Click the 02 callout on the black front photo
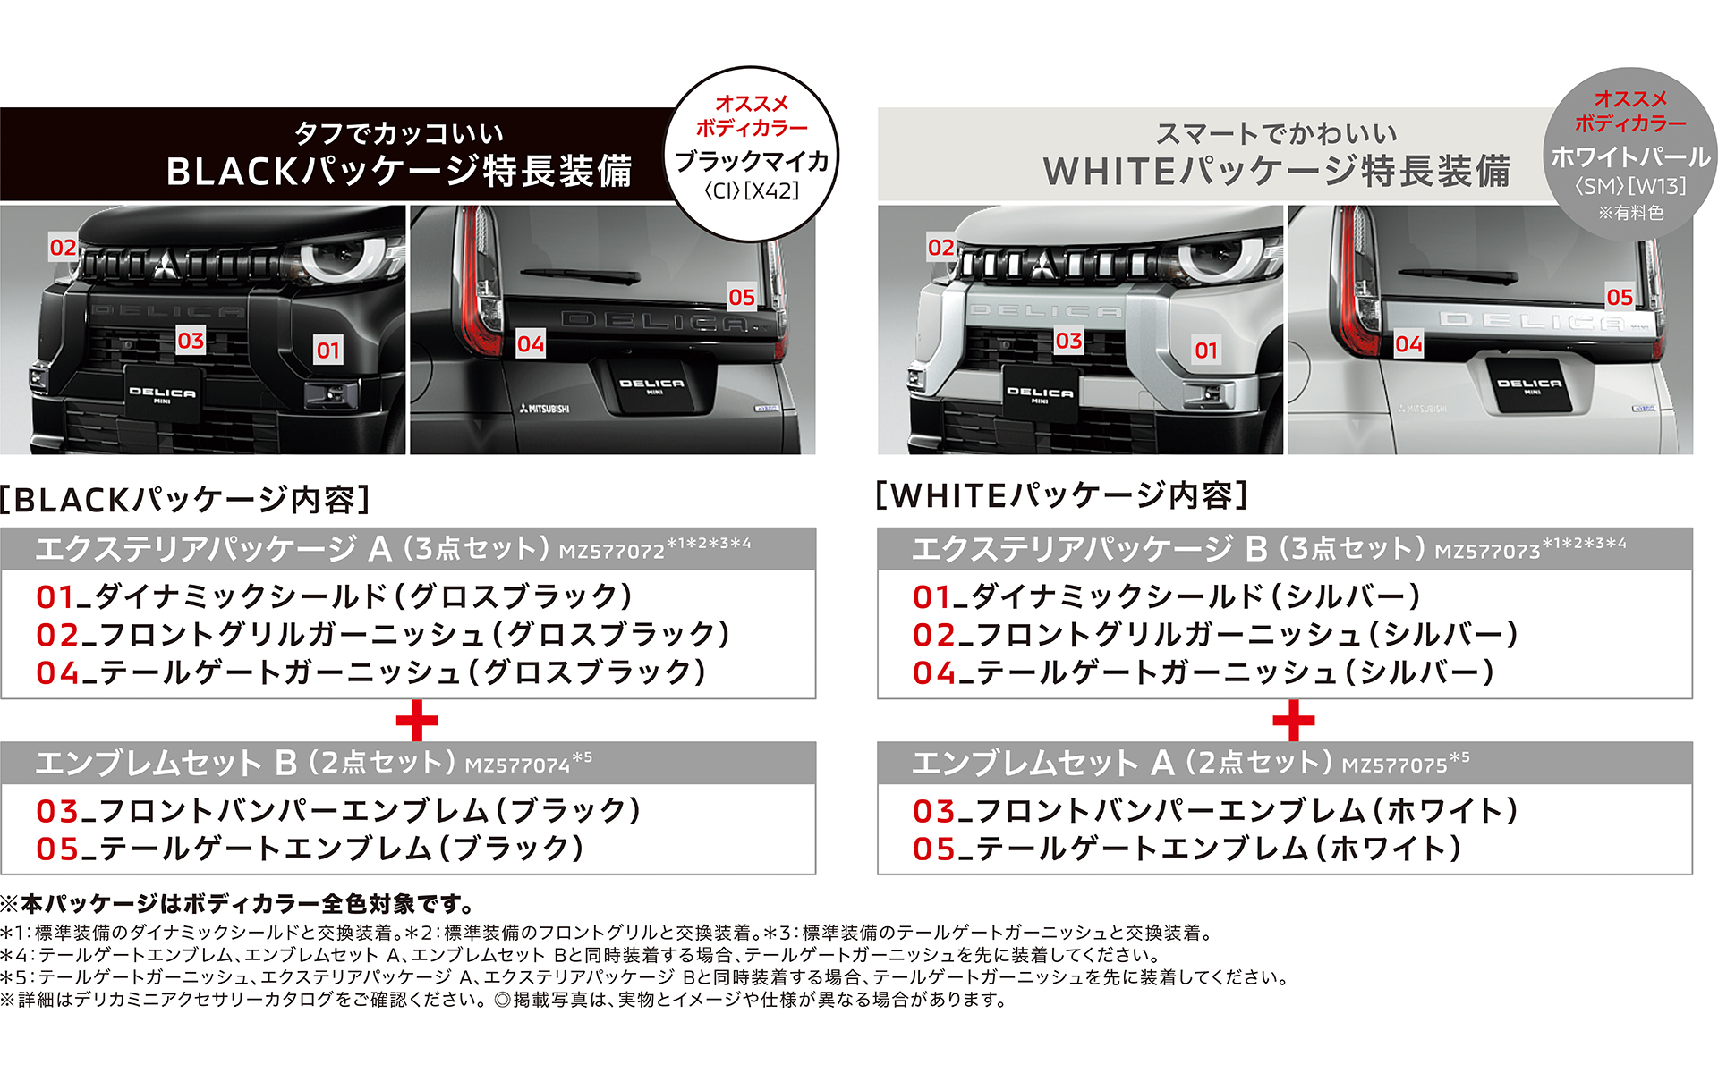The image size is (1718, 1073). coord(63,248)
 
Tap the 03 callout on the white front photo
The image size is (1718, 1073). coord(1068,341)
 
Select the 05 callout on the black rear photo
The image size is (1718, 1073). coord(742,297)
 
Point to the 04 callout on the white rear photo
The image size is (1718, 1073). coord(1408,344)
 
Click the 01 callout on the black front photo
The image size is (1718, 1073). coord(328,351)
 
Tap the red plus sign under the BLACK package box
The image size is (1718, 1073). coord(417,721)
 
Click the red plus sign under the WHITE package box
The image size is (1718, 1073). coord(1294,721)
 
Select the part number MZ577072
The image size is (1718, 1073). coord(611,552)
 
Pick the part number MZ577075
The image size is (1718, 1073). coord(1394,765)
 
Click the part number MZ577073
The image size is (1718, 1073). coord(1488,552)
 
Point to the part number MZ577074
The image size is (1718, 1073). coord(517,765)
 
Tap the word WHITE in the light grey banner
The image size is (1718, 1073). coord(1110,172)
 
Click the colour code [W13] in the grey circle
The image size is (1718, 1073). coord(1657,186)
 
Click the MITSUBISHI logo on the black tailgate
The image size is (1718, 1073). coord(544,409)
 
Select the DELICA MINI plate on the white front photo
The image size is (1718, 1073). coord(1040,394)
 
